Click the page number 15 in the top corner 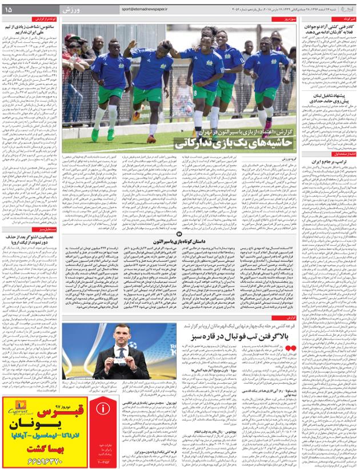(x=11, y=9)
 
